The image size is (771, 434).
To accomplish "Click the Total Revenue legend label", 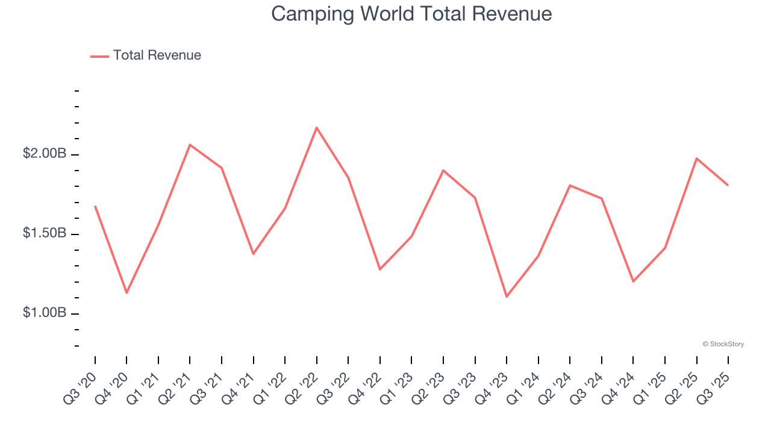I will pyautogui.click(x=157, y=55).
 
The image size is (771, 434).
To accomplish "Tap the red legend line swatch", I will pyautogui.click(x=99, y=56).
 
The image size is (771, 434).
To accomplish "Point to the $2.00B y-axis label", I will pyautogui.click(x=45, y=154).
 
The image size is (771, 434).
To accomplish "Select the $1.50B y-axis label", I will pyautogui.click(x=45, y=233).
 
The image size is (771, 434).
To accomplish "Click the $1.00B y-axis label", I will pyautogui.click(x=45, y=313).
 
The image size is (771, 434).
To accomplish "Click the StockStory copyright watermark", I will pyautogui.click(x=723, y=344).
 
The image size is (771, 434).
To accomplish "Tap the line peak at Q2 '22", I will pyautogui.click(x=317, y=127).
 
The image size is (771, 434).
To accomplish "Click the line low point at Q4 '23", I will pyautogui.click(x=507, y=297).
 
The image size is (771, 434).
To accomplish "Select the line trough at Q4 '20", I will pyautogui.click(x=126, y=293).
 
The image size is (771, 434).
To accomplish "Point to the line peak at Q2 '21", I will pyautogui.click(x=190, y=145).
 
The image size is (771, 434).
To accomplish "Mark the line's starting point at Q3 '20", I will pyautogui.click(x=95, y=206).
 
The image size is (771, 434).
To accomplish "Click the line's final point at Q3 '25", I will pyautogui.click(x=728, y=185).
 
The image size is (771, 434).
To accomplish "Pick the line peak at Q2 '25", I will pyautogui.click(x=696, y=159).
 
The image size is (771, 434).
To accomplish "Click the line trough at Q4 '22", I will pyautogui.click(x=380, y=269).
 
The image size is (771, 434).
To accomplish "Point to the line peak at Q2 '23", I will pyautogui.click(x=443, y=170).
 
